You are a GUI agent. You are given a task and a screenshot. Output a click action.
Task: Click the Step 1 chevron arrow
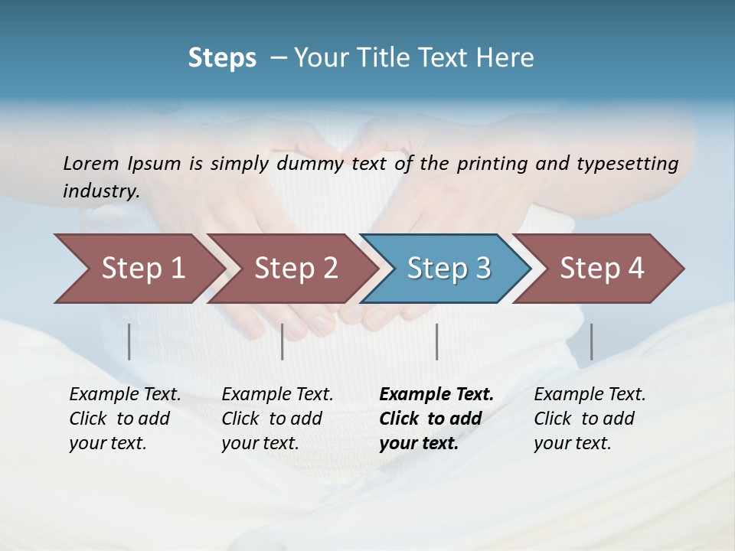138,269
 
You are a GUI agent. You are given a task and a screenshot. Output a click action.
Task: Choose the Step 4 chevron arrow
600,269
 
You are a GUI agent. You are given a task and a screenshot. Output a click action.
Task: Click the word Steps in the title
222,58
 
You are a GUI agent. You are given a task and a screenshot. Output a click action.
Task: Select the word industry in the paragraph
100,191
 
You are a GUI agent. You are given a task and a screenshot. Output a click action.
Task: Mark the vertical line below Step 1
129,341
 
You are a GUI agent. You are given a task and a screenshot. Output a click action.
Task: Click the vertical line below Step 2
283,341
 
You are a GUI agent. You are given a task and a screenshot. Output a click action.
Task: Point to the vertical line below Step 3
436,341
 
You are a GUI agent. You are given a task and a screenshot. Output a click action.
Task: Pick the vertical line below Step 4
591,341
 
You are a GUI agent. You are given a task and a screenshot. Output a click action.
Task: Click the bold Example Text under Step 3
436,395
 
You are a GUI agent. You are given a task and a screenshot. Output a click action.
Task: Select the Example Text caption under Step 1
125,395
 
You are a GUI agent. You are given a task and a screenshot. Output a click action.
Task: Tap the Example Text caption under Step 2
277,395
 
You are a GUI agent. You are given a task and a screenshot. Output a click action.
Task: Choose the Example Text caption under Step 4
590,395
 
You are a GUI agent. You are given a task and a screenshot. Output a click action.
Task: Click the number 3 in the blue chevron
482,269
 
